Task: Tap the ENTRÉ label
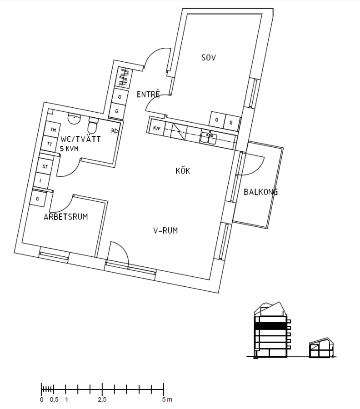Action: pyautogui.click(x=148, y=95)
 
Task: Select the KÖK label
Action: pyautogui.click(x=182, y=171)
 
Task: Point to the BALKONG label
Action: pyautogui.click(x=260, y=192)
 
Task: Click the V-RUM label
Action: pyautogui.click(x=165, y=231)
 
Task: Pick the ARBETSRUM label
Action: pyautogui.click(x=65, y=217)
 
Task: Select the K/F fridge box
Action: pyautogui.click(x=157, y=128)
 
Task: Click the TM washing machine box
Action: pyautogui.click(x=53, y=130)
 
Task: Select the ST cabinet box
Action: pyautogui.click(x=45, y=167)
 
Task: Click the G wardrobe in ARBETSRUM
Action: pyautogui.click(x=38, y=199)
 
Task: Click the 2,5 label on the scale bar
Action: pyautogui.click(x=102, y=400)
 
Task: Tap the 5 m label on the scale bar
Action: pyautogui.click(x=167, y=400)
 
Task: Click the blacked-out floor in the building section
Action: pyautogui.click(x=271, y=326)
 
